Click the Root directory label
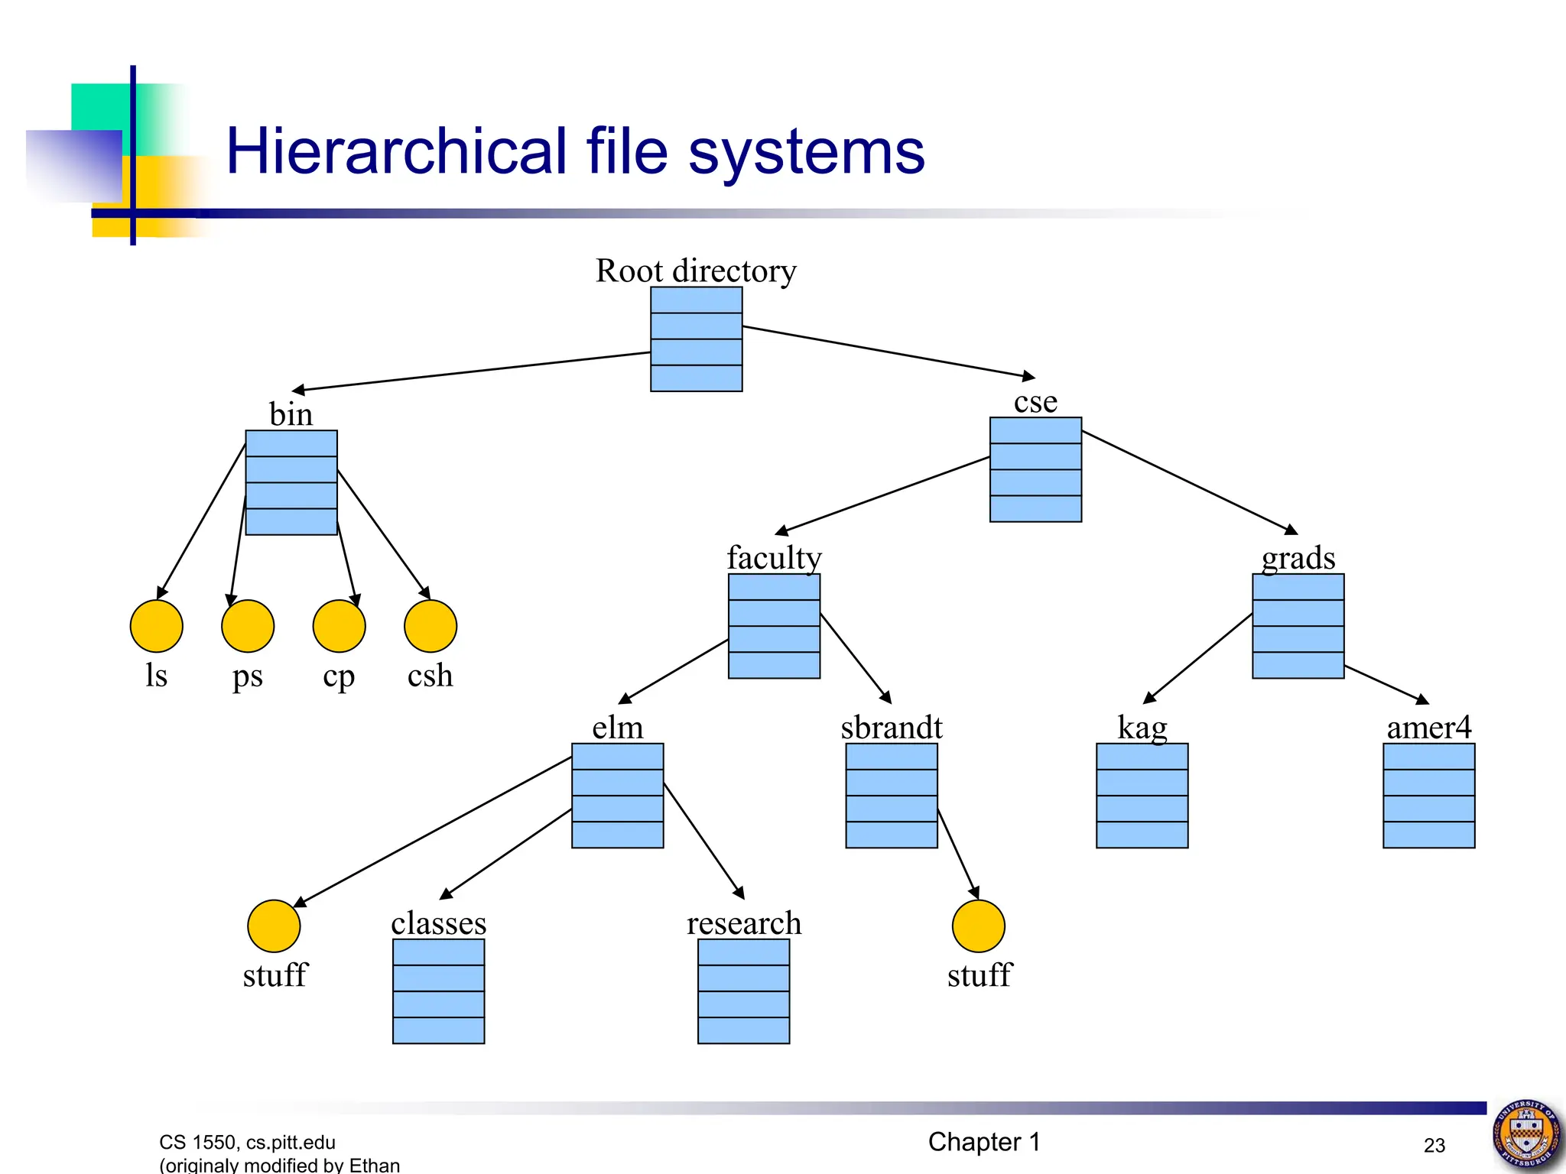696,271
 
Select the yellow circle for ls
157,626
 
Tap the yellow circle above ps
248,626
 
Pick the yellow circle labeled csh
430,626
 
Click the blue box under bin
291,482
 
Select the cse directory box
1035,469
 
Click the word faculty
774,557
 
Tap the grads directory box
1298,626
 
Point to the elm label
618,727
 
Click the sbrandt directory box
892,796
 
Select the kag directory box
1142,796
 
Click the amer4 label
1428,727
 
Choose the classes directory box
438,991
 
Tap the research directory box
743,991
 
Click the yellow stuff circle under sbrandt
978,926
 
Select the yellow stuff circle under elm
274,926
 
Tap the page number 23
1434,1145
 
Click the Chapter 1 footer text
984,1142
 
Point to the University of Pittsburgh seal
1527,1135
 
